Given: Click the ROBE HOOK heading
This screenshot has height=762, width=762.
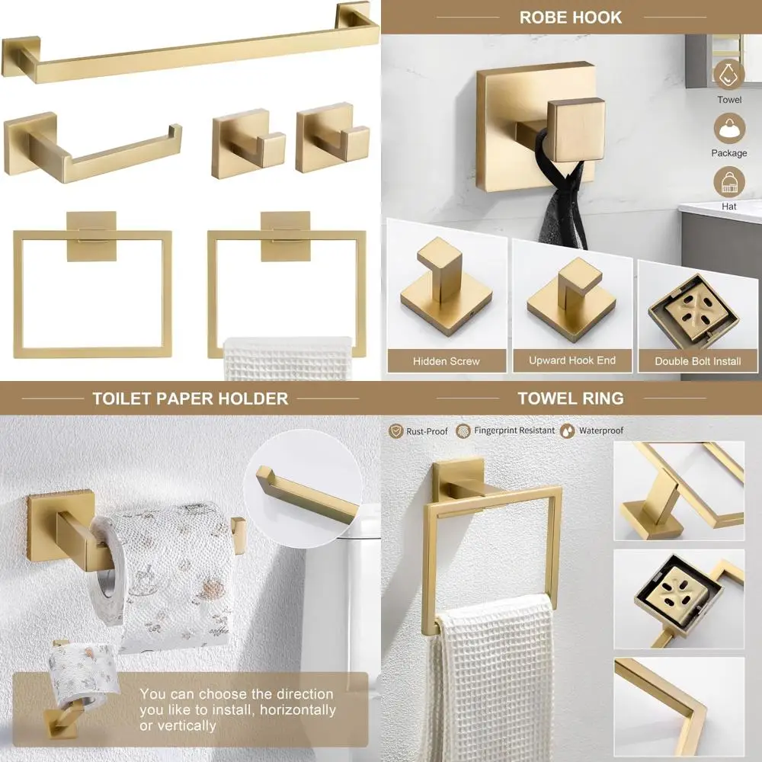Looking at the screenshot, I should [x=570, y=17].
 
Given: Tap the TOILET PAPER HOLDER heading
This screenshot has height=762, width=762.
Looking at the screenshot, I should [x=190, y=399].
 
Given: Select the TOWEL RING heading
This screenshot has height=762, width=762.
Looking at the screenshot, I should [x=570, y=398].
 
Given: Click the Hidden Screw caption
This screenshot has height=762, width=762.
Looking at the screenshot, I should [x=447, y=361].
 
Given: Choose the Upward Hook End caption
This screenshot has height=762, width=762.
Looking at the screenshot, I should [x=572, y=360].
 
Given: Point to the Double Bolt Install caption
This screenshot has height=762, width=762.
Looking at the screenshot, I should [x=697, y=361].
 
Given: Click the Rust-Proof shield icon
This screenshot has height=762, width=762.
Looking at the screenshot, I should [x=395, y=431].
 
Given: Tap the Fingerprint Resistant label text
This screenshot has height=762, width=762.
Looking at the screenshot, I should [x=514, y=431].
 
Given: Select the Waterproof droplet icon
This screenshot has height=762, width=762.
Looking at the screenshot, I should [x=568, y=431].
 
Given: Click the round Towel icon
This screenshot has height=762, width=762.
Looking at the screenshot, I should [x=729, y=73].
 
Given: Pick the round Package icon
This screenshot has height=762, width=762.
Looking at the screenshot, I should [x=729, y=127].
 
